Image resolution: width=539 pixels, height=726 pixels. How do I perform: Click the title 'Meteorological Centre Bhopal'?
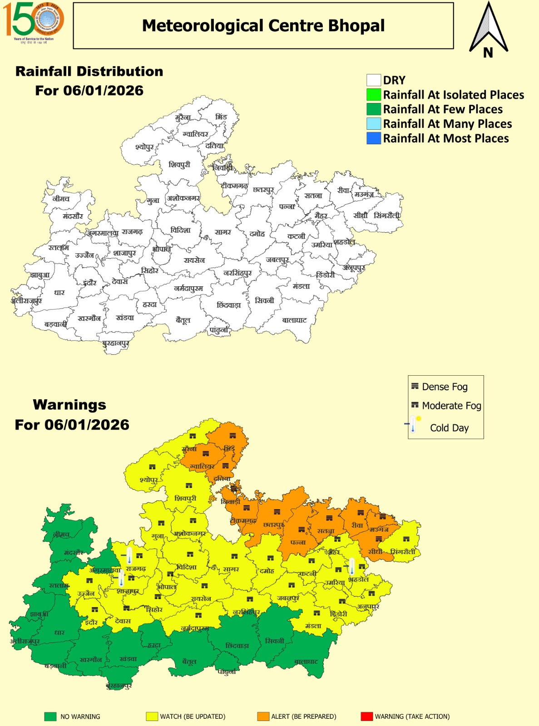click(263, 26)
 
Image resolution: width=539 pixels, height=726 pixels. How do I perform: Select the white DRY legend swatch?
click(373, 80)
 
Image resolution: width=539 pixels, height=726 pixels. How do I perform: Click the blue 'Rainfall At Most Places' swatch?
click(373, 138)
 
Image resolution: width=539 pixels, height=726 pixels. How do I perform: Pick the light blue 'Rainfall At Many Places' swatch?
click(373, 124)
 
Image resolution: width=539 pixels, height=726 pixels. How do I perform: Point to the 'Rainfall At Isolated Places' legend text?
click(453, 95)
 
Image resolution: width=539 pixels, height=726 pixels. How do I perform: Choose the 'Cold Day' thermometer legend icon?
click(413, 425)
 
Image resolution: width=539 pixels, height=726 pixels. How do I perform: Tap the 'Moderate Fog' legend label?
click(451, 406)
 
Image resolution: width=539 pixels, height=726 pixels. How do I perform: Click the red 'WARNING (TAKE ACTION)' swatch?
click(366, 716)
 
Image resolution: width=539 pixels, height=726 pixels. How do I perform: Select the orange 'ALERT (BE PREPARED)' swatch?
click(263, 716)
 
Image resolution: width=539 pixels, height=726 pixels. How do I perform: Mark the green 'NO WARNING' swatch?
click(50, 716)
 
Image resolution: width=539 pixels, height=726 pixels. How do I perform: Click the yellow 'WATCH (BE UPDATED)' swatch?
click(152, 716)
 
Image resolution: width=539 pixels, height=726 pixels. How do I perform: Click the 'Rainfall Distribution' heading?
click(89, 72)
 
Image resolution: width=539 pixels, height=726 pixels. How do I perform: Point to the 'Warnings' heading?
click(69, 405)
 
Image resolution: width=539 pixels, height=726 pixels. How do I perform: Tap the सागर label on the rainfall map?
click(223, 232)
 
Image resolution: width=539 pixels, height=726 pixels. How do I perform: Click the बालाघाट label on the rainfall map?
click(294, 320)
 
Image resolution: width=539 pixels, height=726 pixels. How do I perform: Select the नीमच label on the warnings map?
click(61, 535)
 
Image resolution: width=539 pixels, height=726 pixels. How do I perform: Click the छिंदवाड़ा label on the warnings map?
click(237, 646)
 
